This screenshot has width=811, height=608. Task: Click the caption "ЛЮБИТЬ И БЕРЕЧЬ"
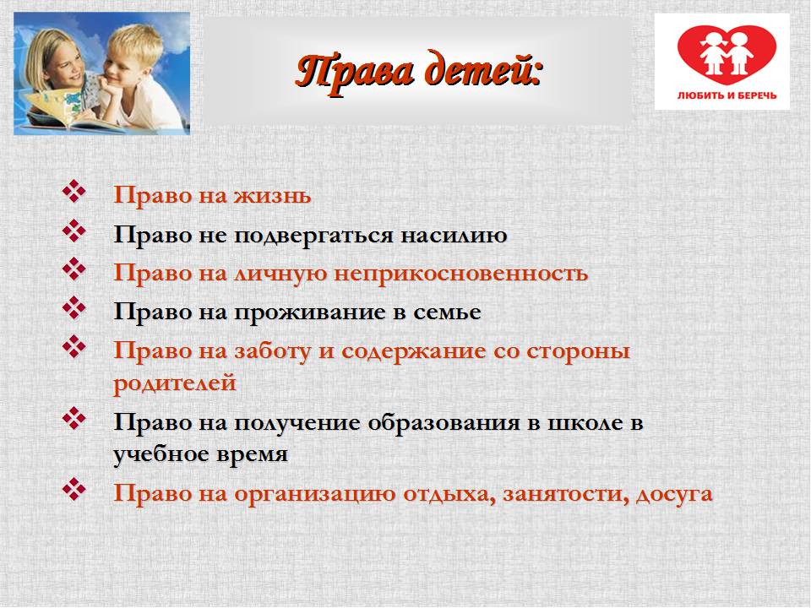(x=727, y=95)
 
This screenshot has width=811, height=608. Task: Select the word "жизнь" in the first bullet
(x=272, y=196)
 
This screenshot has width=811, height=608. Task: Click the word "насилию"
(x=454, y=236)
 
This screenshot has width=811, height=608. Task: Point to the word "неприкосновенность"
(x=461, y=274)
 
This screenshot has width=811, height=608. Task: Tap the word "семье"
(x=447, y=312)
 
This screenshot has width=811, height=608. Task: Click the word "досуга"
(x=674, y=494)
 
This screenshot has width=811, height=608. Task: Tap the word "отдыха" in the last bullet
(x=449, y=494)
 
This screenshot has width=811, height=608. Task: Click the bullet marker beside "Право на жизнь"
(x=74, y=192)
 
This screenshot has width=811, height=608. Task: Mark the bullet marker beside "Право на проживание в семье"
(x=74, y=307)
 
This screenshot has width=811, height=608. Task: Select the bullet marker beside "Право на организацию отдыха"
(x=74, y=489)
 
